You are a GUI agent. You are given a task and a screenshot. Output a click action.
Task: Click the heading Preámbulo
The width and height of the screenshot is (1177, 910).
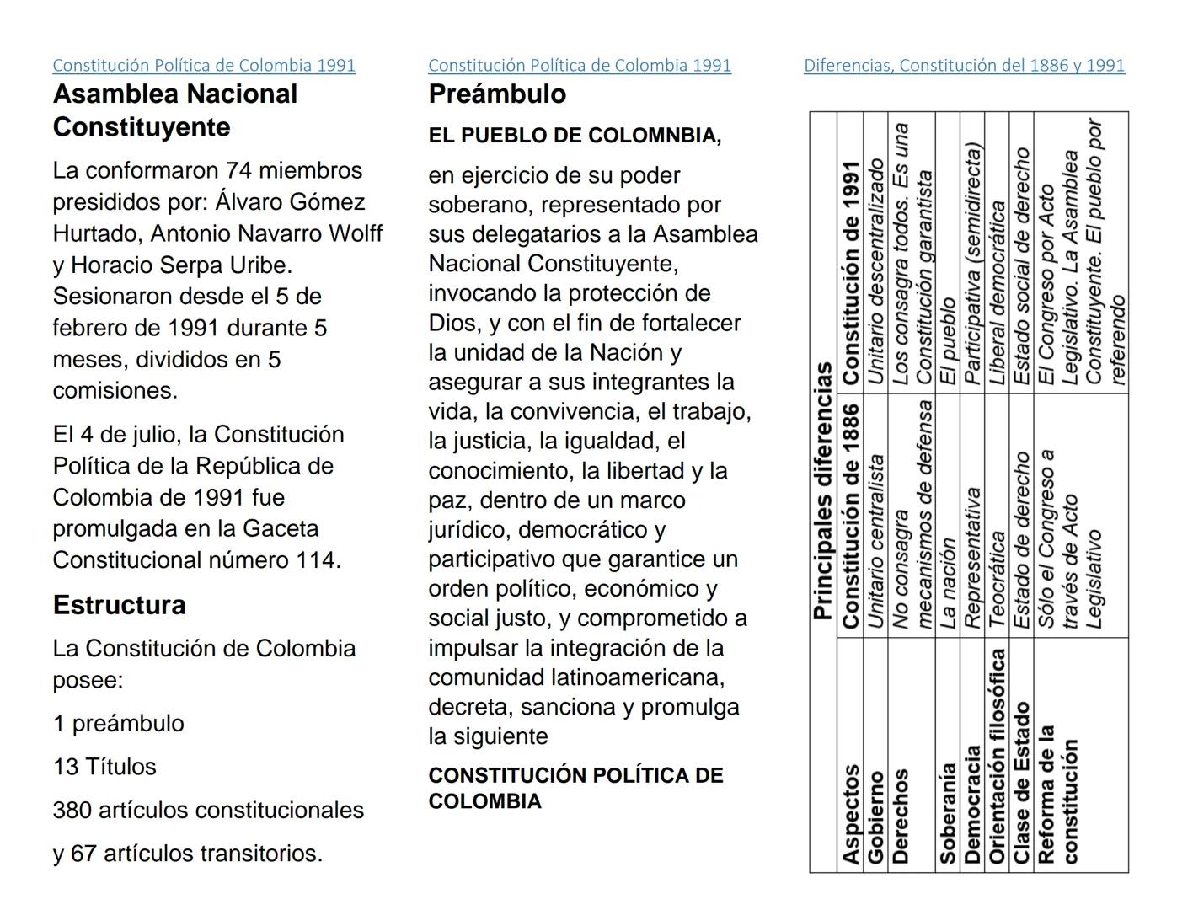click(x=497, y=94)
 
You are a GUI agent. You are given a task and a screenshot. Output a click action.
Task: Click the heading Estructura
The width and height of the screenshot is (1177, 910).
click(x=119, y=605)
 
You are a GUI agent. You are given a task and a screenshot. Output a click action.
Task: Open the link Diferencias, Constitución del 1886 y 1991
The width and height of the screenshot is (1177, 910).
click(x=964, y=66)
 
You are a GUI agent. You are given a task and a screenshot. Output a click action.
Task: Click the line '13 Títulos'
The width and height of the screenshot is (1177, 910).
click(x=104, y=767)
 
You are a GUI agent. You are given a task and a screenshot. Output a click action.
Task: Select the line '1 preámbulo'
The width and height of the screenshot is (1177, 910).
click(x=118, y=724)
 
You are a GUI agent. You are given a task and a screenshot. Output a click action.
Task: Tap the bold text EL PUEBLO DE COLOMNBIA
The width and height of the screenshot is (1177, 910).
click(x=575, y=136)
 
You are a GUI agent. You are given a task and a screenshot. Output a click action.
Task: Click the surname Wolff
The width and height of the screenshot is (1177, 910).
click(x=355, y=233)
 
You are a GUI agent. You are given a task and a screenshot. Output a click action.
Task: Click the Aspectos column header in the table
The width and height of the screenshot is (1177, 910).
click(x=850, y=814)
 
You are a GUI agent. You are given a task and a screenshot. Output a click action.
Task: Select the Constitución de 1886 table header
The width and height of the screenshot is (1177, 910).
click(x=850, y=516)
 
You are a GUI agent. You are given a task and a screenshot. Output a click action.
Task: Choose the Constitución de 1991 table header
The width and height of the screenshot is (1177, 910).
click(x=850, y=273)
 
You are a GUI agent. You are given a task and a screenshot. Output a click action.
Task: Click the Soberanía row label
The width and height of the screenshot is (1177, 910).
click(x=948, y=813)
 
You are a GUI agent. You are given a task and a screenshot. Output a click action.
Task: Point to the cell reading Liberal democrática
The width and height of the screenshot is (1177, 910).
click(x=997, y=292)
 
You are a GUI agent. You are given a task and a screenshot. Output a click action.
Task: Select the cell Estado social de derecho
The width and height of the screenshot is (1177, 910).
click(x=1021, y=267)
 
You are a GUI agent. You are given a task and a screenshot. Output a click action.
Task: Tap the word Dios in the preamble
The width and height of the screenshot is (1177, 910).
click(x=451, y=324)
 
